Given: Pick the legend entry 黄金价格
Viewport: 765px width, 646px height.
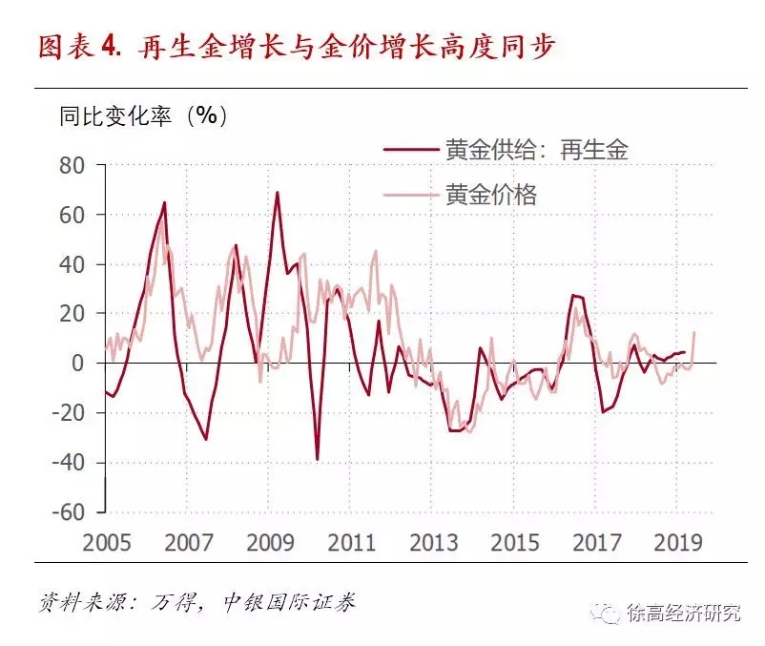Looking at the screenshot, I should point(490,195).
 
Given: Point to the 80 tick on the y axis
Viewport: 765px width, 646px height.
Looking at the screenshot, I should point(72,165).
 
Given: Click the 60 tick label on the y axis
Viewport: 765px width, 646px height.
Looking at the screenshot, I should point(72,215).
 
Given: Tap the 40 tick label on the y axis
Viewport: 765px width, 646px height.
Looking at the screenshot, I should point(72,264).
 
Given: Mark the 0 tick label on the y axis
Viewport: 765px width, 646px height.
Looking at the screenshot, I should point(79,364).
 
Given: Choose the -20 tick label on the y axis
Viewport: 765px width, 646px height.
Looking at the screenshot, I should point(69,413).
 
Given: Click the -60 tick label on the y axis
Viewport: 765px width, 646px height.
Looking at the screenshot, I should point(69,512).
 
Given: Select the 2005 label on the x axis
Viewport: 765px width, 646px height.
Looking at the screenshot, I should point(106,543).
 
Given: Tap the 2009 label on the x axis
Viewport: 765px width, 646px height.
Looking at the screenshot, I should point(270,543).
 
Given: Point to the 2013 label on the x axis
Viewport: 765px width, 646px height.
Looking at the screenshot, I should point(434,543).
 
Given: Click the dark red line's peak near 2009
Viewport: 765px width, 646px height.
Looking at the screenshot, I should point(278,193).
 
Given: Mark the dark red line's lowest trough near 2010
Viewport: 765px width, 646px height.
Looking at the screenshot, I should point(317,459).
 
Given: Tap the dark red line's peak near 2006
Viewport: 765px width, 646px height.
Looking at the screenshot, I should point(164,202).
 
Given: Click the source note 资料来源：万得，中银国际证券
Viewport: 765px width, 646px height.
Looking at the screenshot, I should point(196,604).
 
